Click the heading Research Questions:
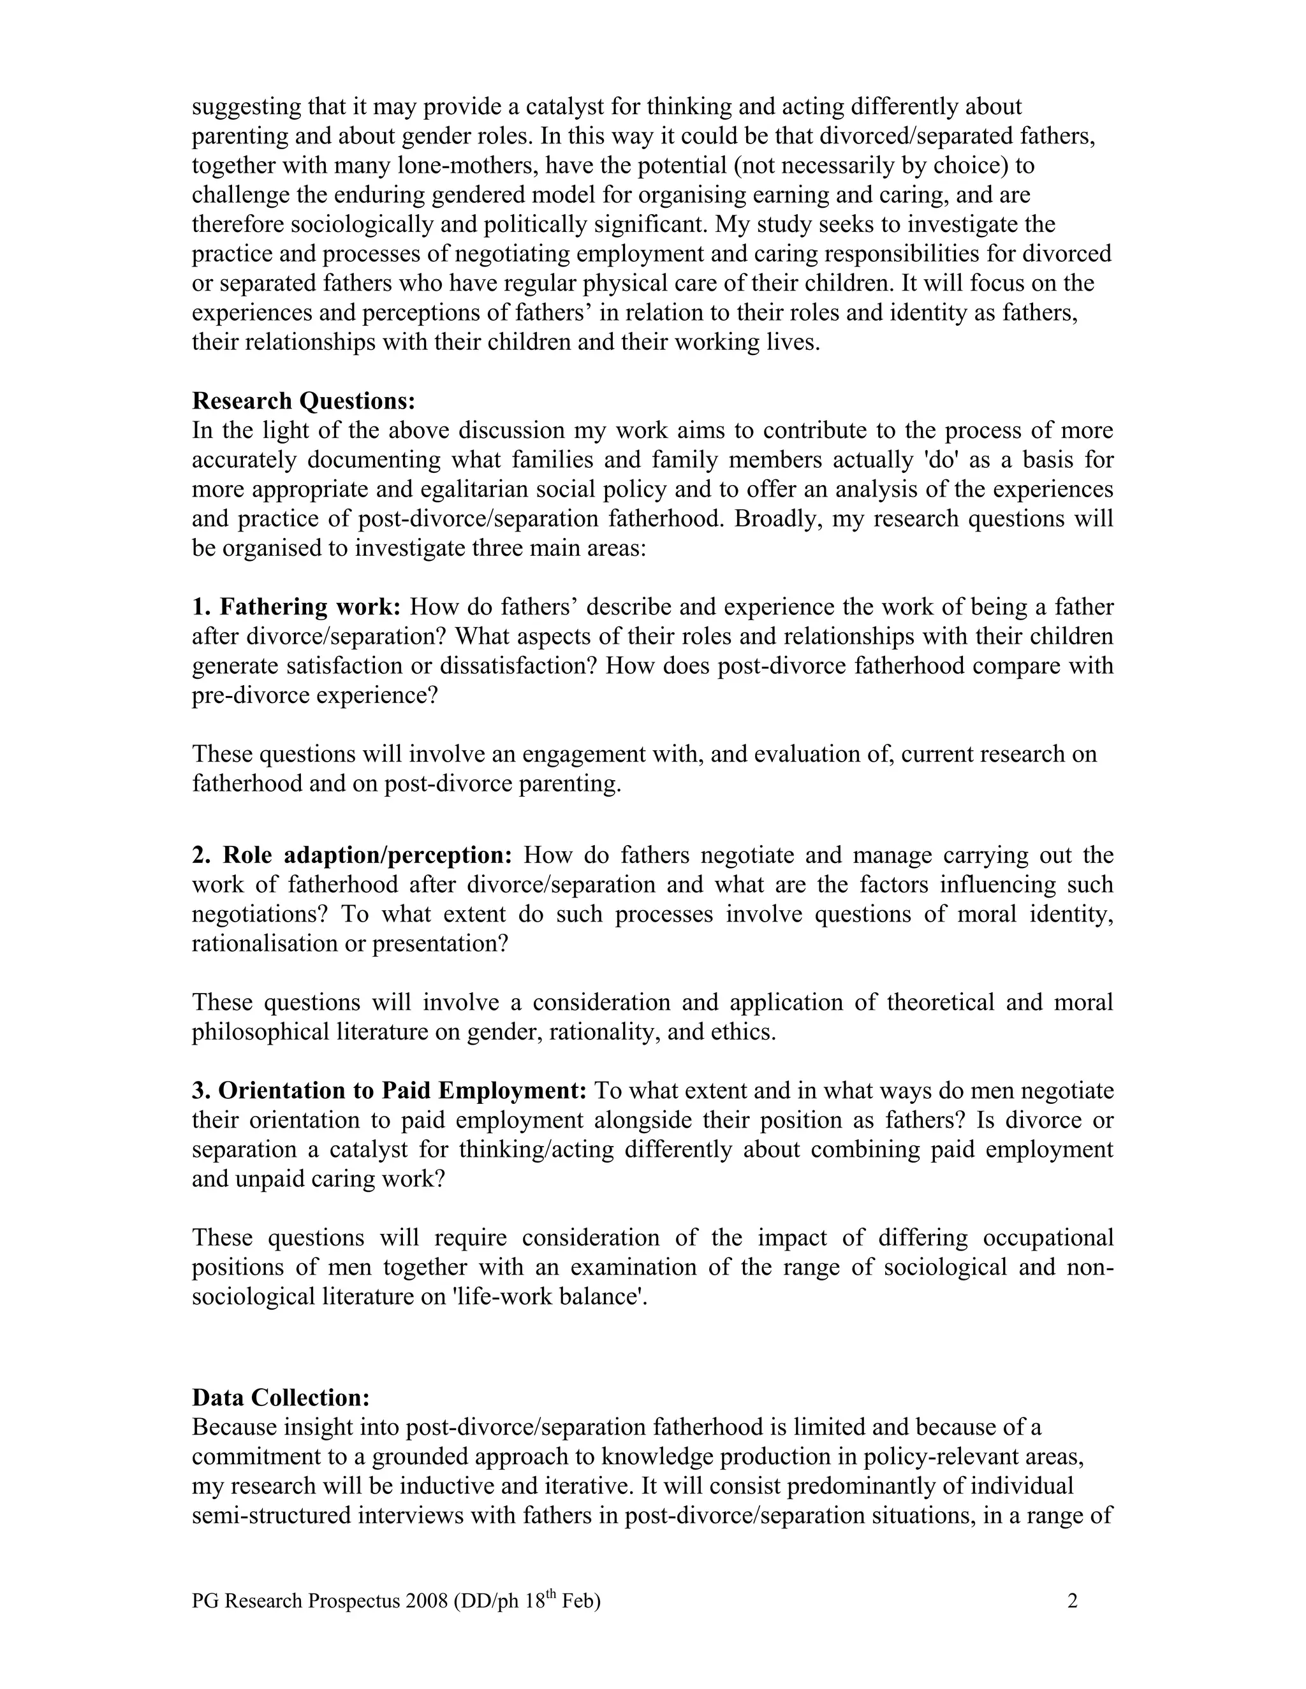(304, 401)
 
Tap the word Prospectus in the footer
(355, 1601)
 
